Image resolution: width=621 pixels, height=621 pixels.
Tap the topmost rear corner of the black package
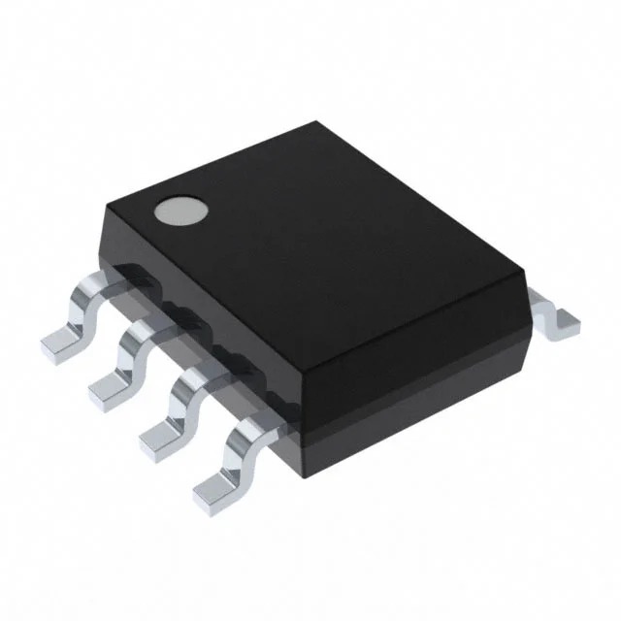point(320,123)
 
